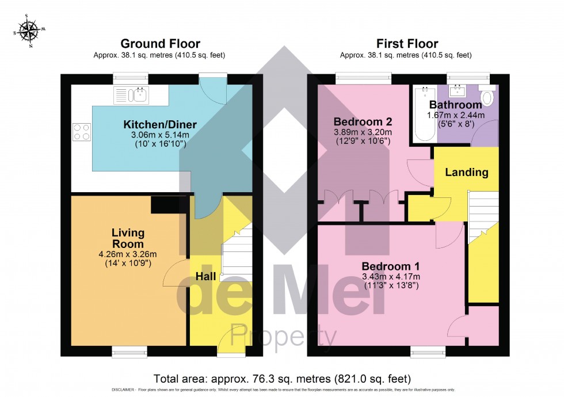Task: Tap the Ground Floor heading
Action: click(160, 44)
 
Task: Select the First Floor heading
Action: click(407, 44)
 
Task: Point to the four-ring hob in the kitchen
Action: click(81, 132)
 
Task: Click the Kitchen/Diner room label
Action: click(160, 124)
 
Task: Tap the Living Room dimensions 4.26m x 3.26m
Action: click(128, 254)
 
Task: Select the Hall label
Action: click(205, 277)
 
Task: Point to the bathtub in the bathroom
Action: click(423, 115)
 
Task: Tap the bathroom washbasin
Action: click(459, 91)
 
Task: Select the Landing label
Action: click(466, 172)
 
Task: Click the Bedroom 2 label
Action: click(363, 122)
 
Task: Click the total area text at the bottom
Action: click(282, 379)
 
